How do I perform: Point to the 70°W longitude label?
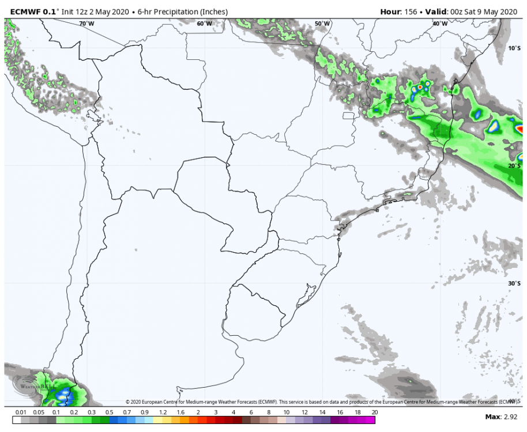point(86,24)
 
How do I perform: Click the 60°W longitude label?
point(204,24)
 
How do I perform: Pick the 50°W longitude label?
point(322,24)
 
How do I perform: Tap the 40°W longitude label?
point(440,24)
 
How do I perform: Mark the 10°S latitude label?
point(514,48)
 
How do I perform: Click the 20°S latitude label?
point(514,166)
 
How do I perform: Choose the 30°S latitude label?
point(514,283)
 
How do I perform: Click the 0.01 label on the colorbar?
point(21,413)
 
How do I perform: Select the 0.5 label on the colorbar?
point(109,413)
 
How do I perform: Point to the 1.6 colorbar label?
point(180,413)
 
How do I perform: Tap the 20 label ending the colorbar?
point(374,413)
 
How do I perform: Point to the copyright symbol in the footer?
point(128,401)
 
